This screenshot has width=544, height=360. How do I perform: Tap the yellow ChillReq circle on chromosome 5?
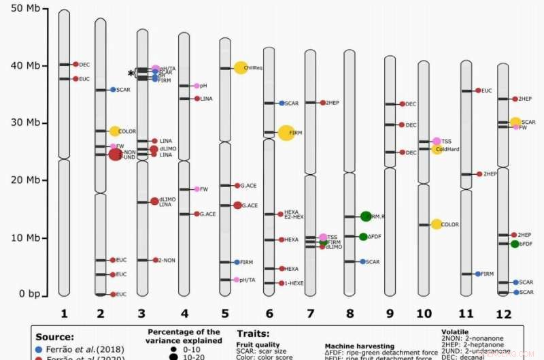click(x=240, y=67)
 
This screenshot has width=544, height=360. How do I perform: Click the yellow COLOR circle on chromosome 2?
click(x=114, y=131)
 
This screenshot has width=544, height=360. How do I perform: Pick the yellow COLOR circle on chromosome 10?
click(x=437, y=224)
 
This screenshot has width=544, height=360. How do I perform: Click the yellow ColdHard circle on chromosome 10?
click(x=437, y=149)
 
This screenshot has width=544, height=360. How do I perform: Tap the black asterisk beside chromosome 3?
click(x=131, y=73)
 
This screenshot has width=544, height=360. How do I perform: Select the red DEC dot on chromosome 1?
click(x=75, y=64)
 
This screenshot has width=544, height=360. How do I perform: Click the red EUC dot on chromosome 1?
click(x=75, y=79)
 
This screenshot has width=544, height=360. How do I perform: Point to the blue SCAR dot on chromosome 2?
click(x=113, y=89)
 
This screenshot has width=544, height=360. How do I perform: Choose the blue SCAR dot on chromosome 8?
click(x=362, y=261)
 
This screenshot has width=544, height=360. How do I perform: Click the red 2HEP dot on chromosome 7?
click(x=322, y=102)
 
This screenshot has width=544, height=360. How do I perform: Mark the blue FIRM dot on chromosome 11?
click(x=478, y=274)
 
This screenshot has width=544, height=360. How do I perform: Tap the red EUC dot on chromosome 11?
click(x=478, y=90)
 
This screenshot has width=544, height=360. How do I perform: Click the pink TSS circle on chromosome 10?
click(x=437, y=141)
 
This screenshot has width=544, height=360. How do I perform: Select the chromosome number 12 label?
click(x=503, y=314)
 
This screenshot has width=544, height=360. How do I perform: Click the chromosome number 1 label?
click(x=64, y=314)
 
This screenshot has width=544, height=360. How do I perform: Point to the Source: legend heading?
click(x=55, y=336)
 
